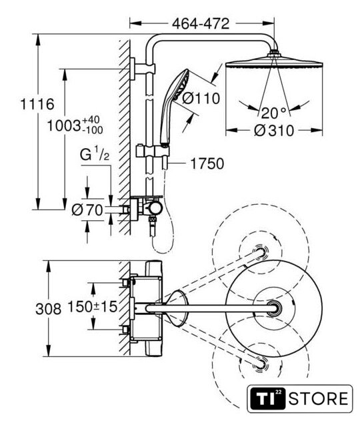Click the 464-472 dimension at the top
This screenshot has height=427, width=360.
(201, 24)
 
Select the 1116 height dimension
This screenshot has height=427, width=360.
(37, 104)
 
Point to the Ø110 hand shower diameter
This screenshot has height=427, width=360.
(201, 98)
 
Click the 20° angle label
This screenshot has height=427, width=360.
(274, 113)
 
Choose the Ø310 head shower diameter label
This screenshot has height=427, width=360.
(274, 131)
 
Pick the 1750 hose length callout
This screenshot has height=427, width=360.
(207, 163)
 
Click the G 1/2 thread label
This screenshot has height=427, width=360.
(95, 154)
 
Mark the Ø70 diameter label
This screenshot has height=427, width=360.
(87, 209)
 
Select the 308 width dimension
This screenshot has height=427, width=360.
(49, 310)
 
